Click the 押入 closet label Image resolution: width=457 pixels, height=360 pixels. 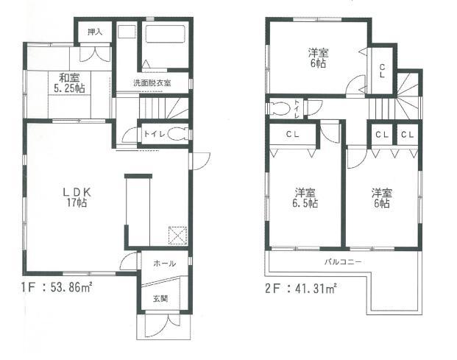click(x=94, y=32)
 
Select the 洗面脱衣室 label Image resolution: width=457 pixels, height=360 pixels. click(x=152, y=82)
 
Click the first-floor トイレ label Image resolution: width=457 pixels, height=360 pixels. click(x=153, y=135)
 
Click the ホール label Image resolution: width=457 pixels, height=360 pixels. click(x=163, y=263)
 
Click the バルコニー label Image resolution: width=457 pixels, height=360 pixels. click(x=343, y=261)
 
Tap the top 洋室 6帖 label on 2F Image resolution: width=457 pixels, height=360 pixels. click(x=318, y=57)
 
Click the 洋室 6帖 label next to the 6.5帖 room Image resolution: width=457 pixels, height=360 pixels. click(x=380, y=198)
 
